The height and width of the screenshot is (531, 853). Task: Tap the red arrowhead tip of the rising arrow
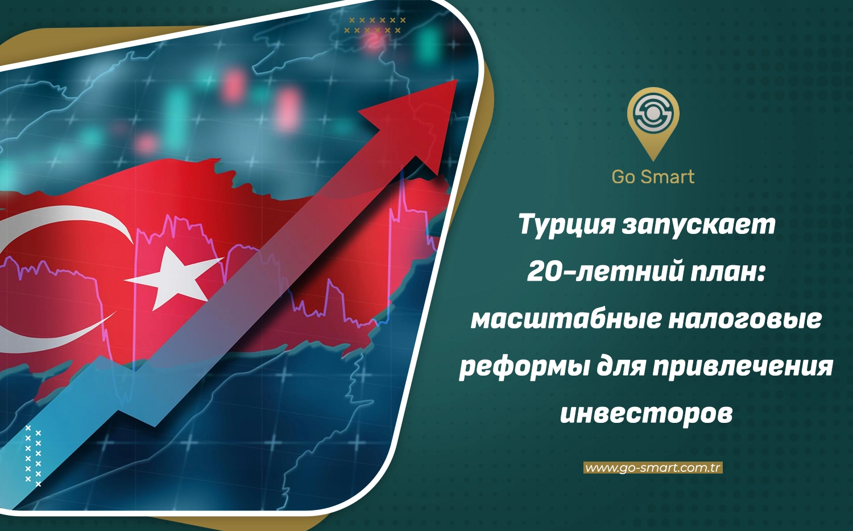point(457,80)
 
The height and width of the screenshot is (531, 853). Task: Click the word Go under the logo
point(624,177)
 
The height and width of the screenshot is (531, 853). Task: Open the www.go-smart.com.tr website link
point(653,467)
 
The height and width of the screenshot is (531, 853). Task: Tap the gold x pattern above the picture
point(375,25)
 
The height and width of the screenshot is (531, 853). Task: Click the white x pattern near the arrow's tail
point(33,456)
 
